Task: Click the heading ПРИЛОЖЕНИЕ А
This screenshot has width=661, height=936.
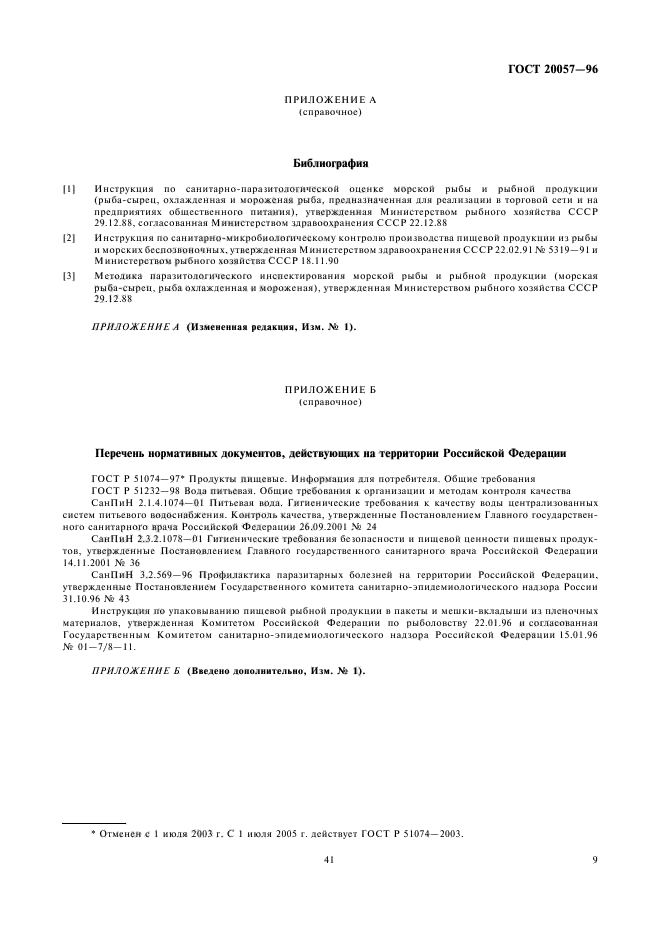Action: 330,101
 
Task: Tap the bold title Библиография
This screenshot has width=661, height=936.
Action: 330,160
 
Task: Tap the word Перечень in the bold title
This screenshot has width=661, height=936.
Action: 125,453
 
